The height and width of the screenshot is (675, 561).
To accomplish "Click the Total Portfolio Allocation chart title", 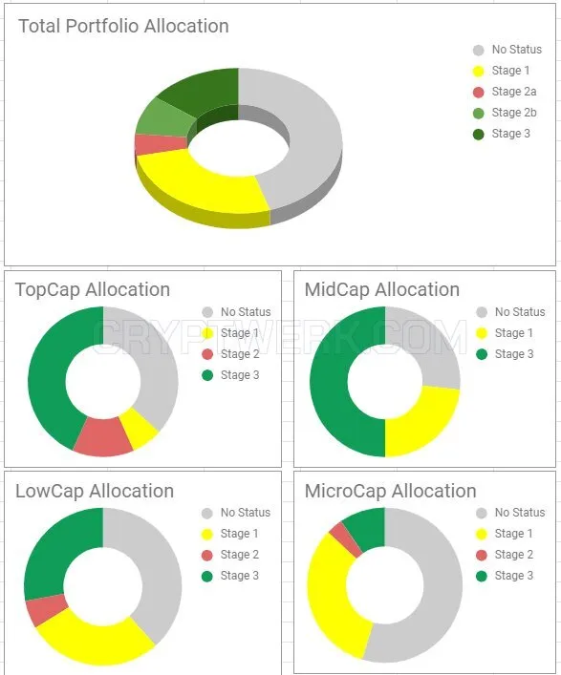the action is click(x=123, y=27).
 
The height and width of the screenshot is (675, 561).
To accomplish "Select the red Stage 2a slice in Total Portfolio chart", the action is click(x=160, y=144).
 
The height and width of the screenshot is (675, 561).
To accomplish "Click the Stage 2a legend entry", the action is click(x=505, y=92).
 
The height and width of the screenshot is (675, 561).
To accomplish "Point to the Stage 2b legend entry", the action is click(x=505, y=113).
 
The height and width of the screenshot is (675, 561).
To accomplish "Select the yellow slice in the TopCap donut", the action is click(x=139, y=429).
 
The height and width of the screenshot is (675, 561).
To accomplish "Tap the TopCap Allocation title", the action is click(x=93, y=289).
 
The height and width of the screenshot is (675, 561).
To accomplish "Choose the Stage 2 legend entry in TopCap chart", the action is click(x=230, y=354).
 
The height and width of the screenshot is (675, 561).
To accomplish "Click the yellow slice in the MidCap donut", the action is click(x=422, y=422).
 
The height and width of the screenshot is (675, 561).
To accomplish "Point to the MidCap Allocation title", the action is click(x=382, y=289).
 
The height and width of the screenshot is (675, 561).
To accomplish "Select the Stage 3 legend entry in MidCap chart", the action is click(x=505, y=354).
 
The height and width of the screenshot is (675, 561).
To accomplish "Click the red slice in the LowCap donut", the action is click(x=46, y=610).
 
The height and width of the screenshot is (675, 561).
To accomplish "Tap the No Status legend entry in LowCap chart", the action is click(x=236, y=513).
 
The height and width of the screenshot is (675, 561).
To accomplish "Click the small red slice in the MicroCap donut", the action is click(x=346, y=539).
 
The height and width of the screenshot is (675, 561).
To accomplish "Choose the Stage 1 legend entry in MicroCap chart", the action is click(x=505, y=534).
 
